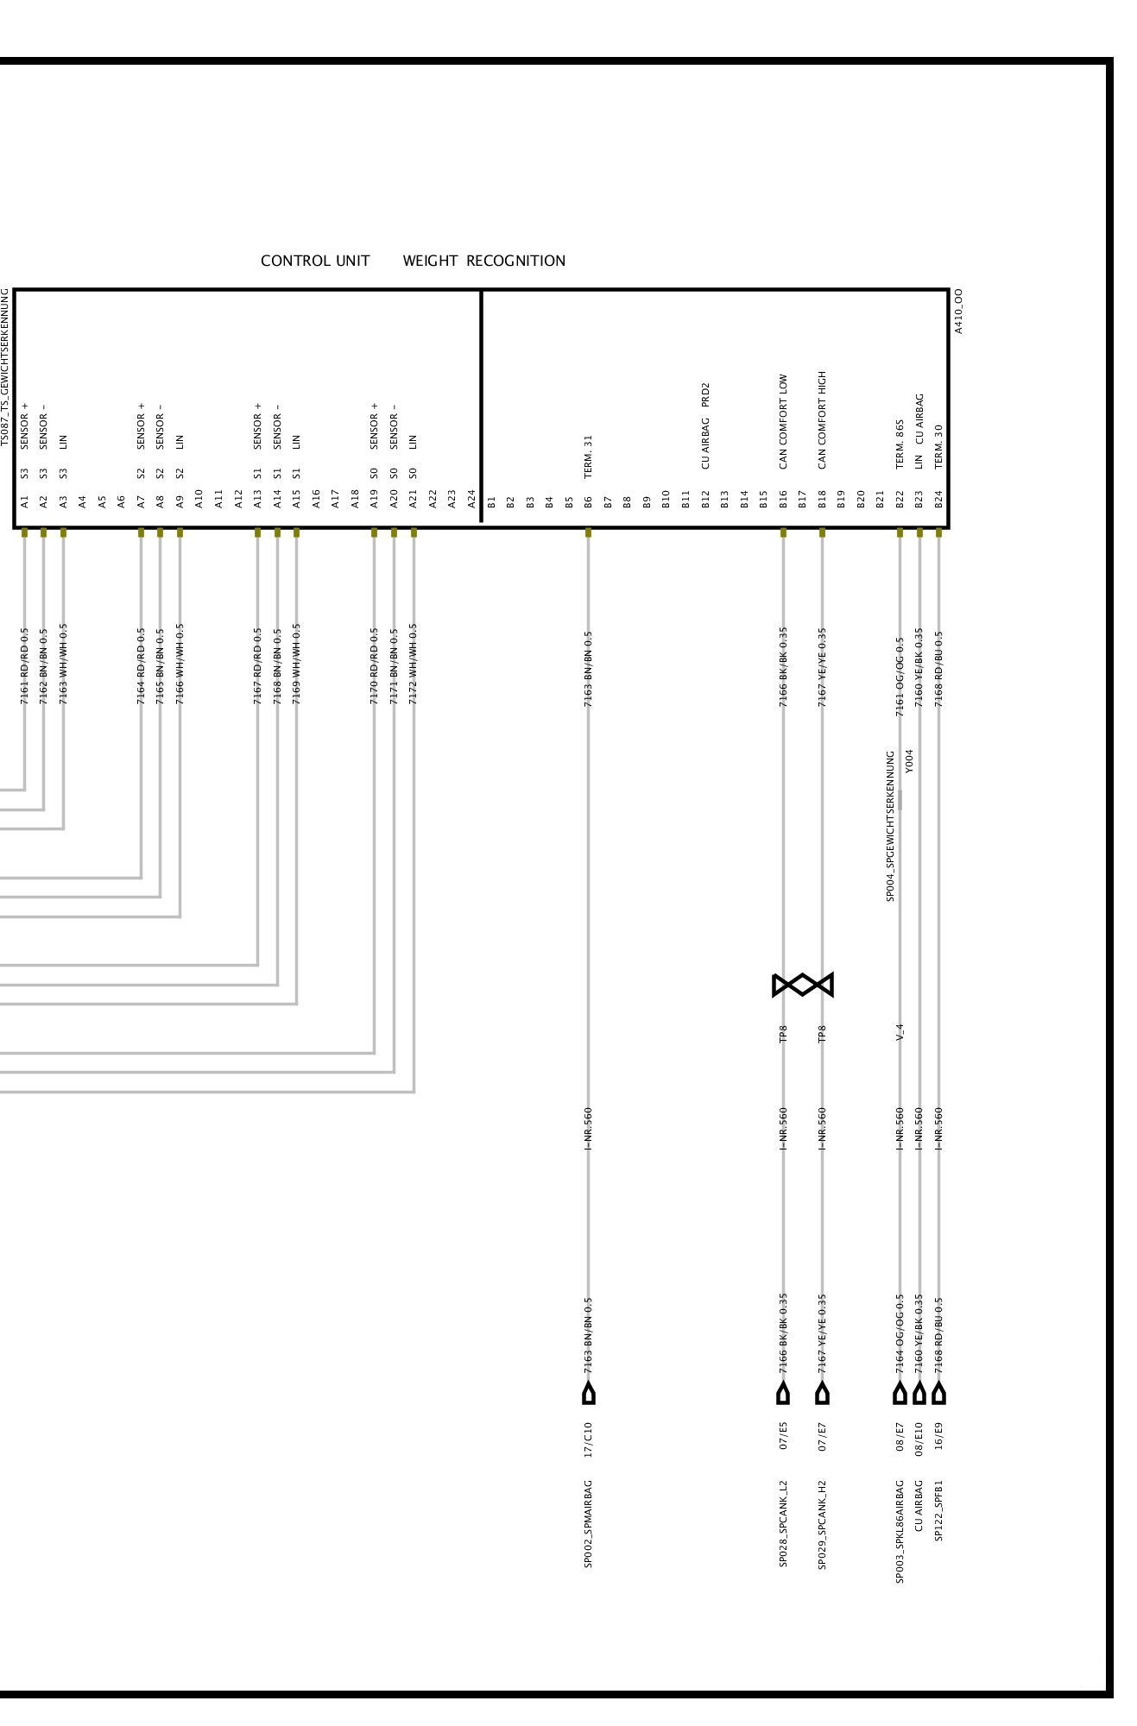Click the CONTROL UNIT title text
[x=315, y=261]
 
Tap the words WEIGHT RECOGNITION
[x=483, y=261]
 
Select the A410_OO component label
[x=958, y=311]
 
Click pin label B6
[x=588, y=501]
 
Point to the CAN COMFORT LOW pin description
[x=783, y=421]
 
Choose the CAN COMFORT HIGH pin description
[x=822, y=419]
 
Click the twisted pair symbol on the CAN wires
[x=803, y=985]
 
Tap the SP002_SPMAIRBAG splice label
[x=588, y=1523]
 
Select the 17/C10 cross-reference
[x=588, y=1439]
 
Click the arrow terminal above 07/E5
[x=783, y=1392]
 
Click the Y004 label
[x=909, y=760]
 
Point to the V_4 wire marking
[x=900, y=1032]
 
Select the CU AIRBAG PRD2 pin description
[x=705, y=425]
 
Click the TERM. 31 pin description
[x=588, y=457]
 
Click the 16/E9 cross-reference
[x=938, y=1439]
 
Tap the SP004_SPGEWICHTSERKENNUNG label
[x=890, y=826]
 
